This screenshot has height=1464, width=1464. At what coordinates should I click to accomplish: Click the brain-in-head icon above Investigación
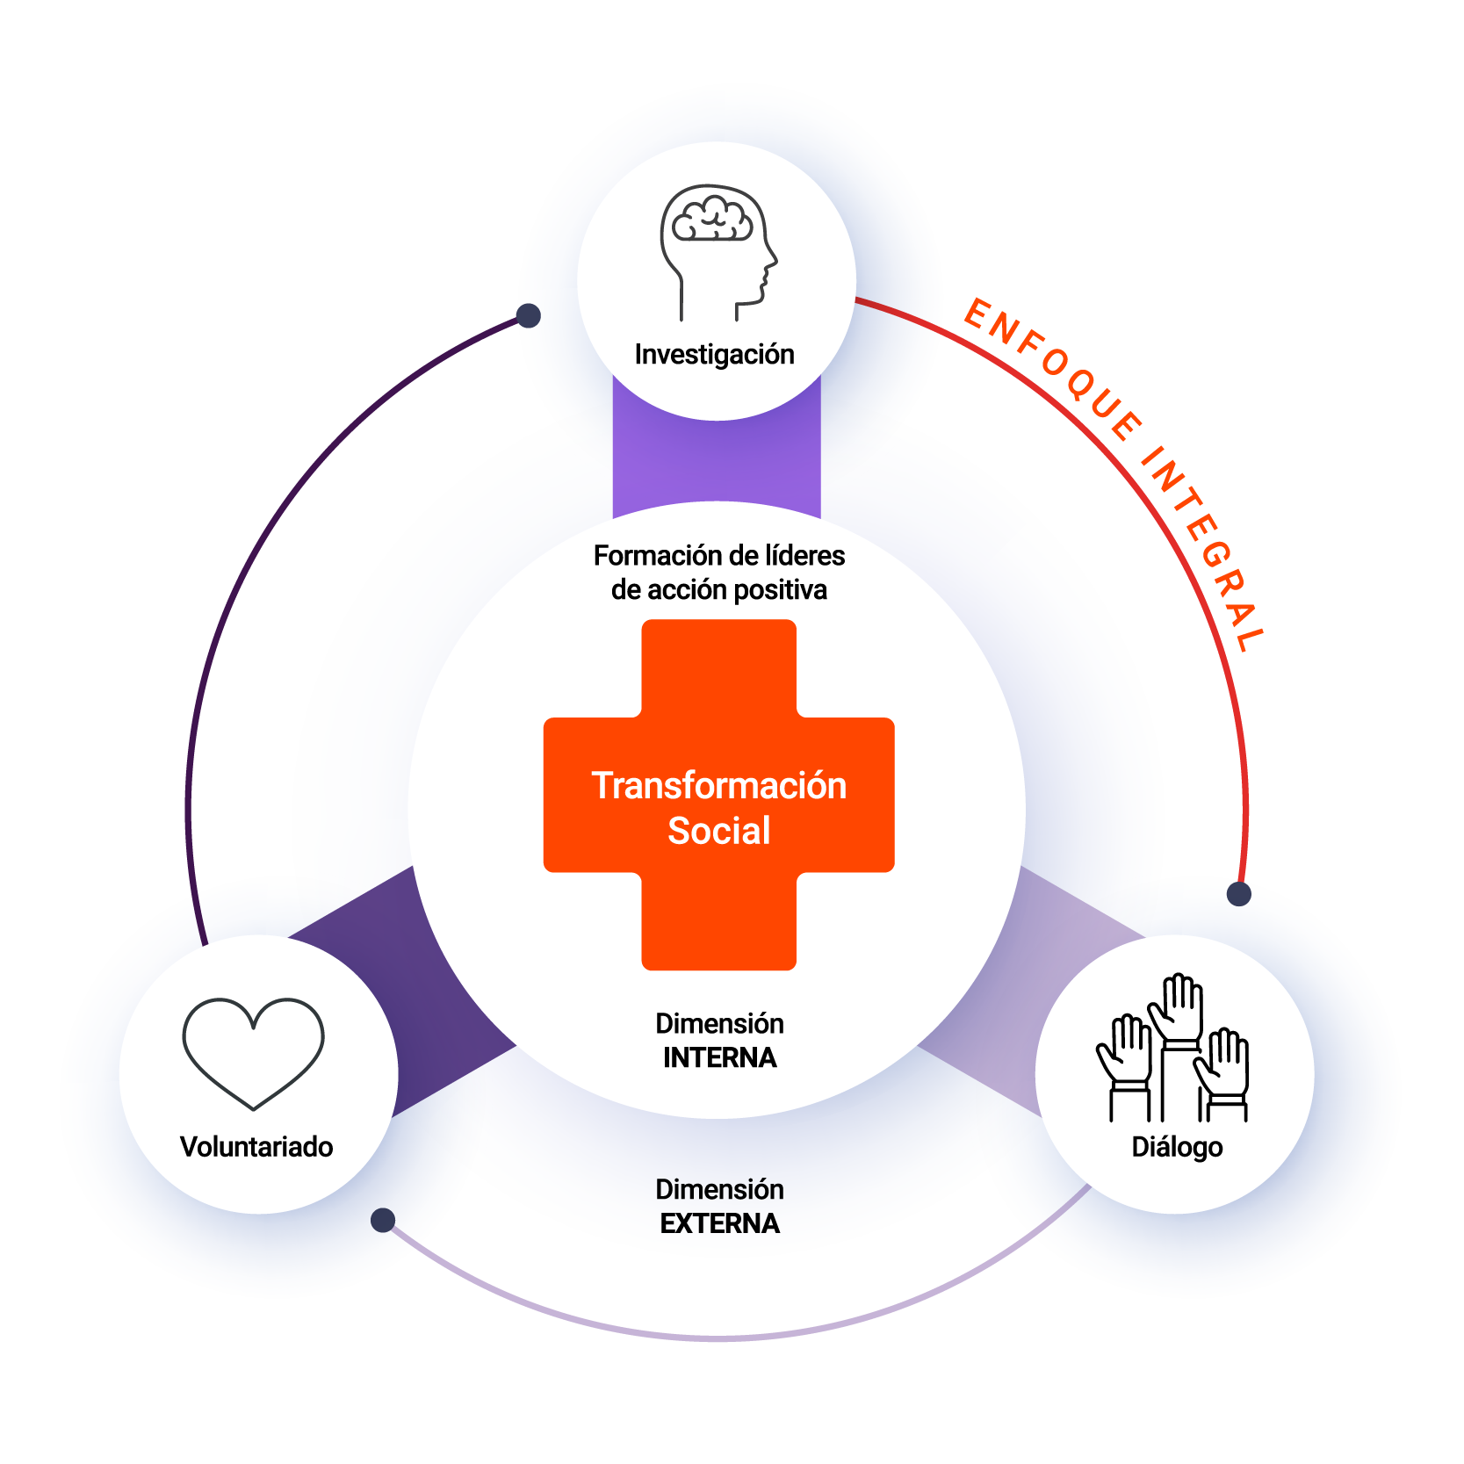pyautogui.click(x=718, y=251)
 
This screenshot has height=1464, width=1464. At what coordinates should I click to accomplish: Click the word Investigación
pyautogui.click(x=714, y=355)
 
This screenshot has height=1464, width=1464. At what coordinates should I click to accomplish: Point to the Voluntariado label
pyautogui.click(x=256, y=1147)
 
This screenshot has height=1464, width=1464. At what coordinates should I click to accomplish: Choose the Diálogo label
pyautogui.click(x=1177, y=1147)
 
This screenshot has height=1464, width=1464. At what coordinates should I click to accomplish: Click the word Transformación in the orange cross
pyautogui.click(x=718, y=786)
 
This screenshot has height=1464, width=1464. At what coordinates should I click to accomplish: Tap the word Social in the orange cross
pyautogui.click(x=718, y=831)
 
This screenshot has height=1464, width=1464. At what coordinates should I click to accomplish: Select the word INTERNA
pyautogui.click(x=719, y=1058)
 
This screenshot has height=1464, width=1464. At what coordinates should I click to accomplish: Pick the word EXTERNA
pyautogui.click(x=719, y=1224)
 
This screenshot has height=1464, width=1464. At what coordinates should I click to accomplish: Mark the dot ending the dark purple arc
pyautogui.click(x=528, y=315)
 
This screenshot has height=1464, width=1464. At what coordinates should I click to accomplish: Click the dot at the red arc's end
pyautogui.click(x=1238, y=894)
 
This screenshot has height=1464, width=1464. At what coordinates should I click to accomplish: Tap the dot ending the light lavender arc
pyautogui.click(x=383, y=1220)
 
